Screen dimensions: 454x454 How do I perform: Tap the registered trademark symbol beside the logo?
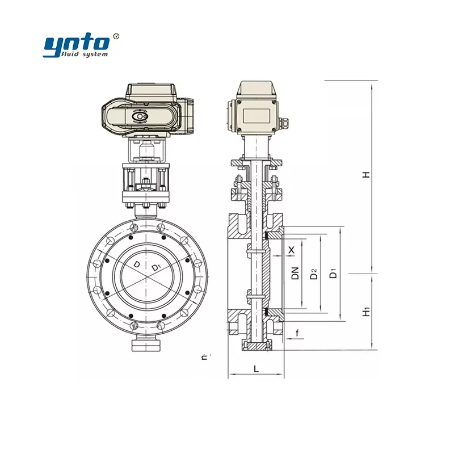tap(116, 36)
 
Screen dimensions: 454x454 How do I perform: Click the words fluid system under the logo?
tap(86, 54)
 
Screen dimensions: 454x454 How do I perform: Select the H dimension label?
tap(367, 175)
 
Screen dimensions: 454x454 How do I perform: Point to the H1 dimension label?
tap(367, 311)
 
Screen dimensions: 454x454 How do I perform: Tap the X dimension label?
tap(292, 250)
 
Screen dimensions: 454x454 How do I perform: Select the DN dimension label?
tap(295, 274)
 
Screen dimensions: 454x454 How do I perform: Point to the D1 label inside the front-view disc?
tap(156, 267)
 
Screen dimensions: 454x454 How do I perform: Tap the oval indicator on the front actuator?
tap(139, 117)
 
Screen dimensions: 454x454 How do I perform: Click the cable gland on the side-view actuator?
tap(285, 123)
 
